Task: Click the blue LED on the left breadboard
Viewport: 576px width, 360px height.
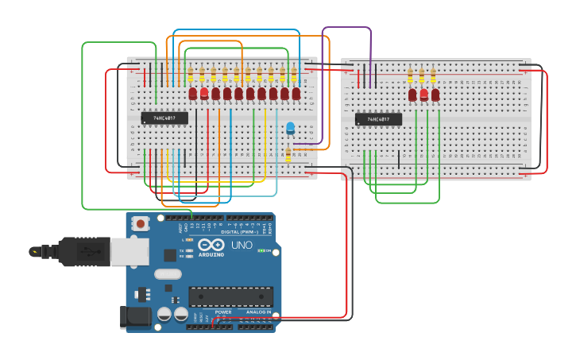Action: click(x=290, y=127)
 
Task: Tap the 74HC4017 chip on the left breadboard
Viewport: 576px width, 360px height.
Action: click(x=164, y=118)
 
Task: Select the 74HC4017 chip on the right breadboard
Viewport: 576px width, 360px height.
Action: click(x=378, y=119)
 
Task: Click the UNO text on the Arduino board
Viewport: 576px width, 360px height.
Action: click(x=242, y=246)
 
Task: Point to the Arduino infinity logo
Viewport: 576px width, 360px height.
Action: click(x=211, y=245)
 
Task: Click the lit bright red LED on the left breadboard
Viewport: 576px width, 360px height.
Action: click(x=204, y=93)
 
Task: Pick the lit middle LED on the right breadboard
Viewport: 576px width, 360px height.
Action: click(x=423, y=95)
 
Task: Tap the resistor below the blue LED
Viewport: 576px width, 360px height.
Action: click(x=288, y=154)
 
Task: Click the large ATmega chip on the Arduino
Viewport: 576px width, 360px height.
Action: click(x=230, y=296)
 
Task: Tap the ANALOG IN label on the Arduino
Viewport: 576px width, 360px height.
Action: click(x=257, y=312)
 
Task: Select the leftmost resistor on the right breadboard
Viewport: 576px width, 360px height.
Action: click(x=410, y=75)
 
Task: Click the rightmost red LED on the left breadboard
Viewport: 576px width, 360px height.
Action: click(x=296, y=94)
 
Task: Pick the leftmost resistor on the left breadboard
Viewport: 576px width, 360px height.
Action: click(x=191, y=75)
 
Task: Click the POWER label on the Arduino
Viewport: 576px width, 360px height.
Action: click(x=223, y=312)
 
